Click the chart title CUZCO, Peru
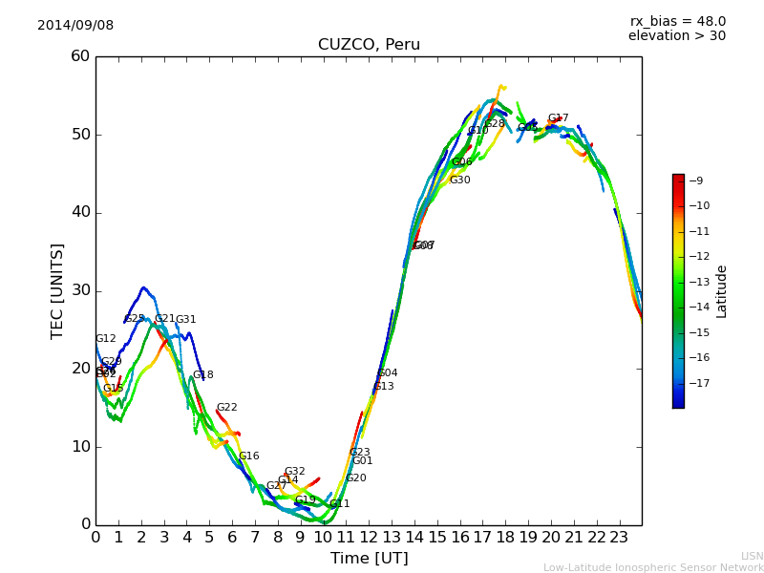[369, 45]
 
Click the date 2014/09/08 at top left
[75, 25]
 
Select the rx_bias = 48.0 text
[677, 21]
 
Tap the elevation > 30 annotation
[676, 36]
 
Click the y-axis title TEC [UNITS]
[57, 290]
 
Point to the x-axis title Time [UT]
[369, 558]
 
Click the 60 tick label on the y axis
[80, 56]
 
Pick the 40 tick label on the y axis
[80, 212]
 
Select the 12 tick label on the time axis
[369, 538]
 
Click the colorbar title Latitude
[722, 291]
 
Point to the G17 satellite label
[558, 118]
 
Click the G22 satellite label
[226, 408]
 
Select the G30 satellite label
[459, 180]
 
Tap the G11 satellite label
[339, 504]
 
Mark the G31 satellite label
[185, 320]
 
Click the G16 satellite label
[248, 456]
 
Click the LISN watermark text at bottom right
[752, 556]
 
